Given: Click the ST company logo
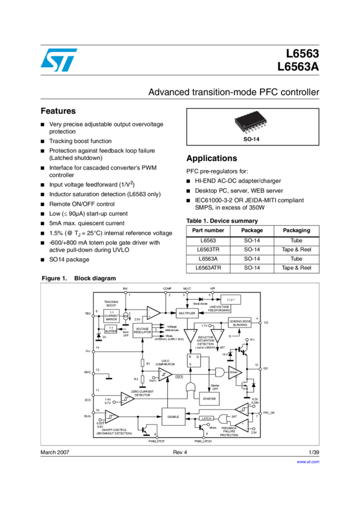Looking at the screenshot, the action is (59, 60).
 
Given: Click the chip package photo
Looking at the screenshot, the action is (250, 122).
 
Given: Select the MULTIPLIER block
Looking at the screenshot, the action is (187, 313).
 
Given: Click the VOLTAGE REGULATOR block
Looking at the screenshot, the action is (143, 330).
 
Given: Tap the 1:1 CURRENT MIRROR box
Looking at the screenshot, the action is (111, 316).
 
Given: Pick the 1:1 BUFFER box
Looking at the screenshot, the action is (111, 331).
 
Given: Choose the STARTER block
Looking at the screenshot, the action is (209, 398).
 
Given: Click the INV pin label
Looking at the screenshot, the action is (125, 289).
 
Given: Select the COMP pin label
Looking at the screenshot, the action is (167, 289).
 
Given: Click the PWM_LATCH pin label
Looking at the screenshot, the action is (205, 441).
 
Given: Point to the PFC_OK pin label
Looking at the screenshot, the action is (268, 413).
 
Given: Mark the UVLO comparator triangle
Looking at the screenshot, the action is (165, 375).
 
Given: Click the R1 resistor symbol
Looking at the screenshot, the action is (142, 363).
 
